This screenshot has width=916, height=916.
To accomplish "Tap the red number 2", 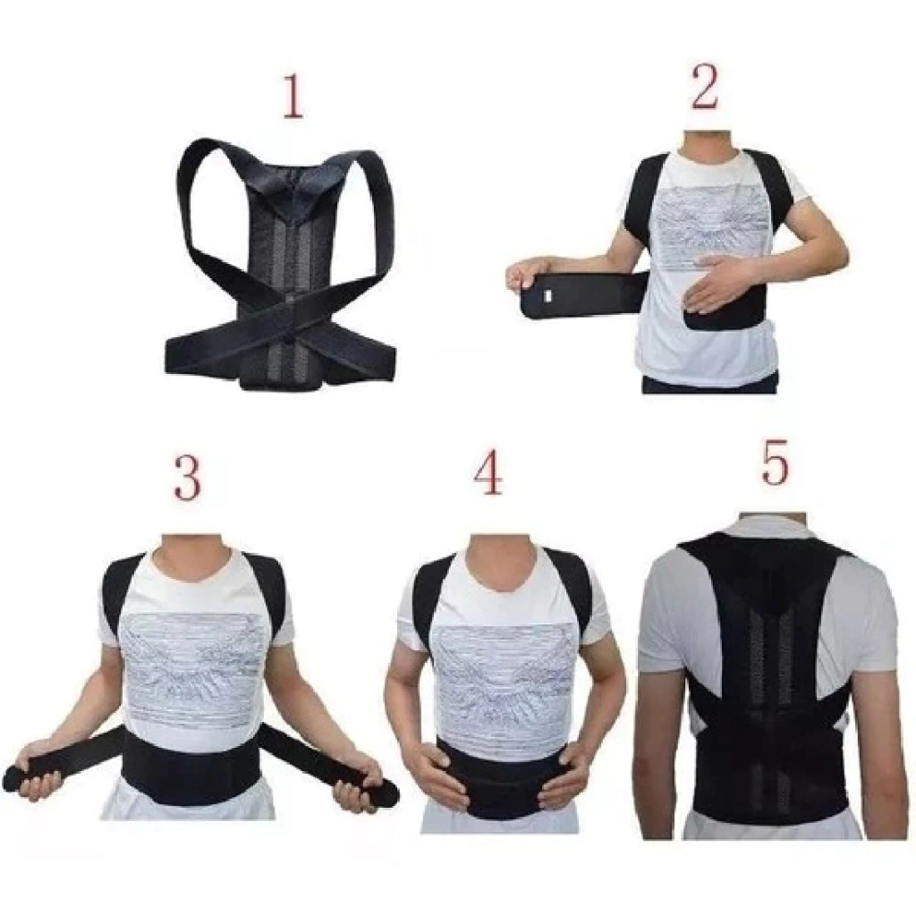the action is click(704, 89).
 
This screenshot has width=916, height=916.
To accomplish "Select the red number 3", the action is click(188, 477).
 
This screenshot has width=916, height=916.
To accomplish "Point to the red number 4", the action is click(488, 472).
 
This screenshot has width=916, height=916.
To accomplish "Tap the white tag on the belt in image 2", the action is click(548, 296).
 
